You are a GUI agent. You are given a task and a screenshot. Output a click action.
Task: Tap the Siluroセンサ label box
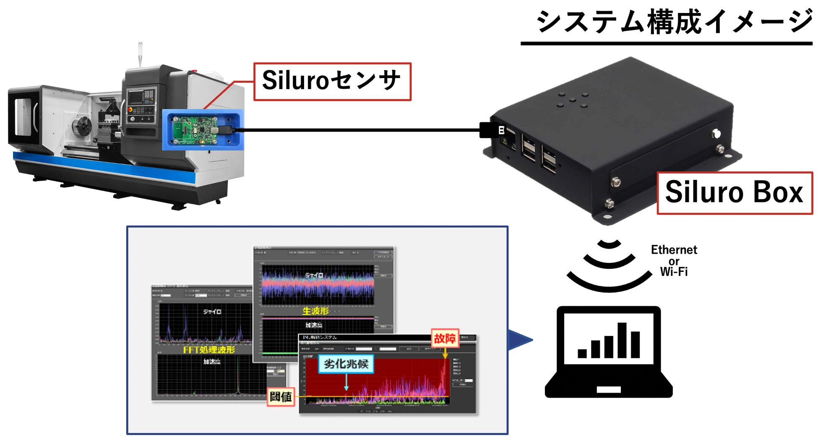(332, 81)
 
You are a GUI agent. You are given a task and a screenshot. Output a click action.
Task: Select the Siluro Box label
(734, 192)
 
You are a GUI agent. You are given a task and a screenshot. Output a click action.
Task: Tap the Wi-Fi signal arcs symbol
(609, 265)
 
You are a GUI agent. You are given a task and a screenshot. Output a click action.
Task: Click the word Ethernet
(674, 250)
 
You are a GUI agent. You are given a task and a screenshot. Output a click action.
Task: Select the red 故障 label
(445, 339)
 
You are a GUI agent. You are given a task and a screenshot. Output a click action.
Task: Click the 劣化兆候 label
(346, 364)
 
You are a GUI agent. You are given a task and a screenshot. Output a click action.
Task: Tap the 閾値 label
(281, 396)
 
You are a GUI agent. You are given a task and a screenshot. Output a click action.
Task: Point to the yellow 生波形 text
(315, 311)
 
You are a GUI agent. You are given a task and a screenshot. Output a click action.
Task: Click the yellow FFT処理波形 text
(209, 350)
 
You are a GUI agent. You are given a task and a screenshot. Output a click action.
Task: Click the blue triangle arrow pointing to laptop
(519, 340)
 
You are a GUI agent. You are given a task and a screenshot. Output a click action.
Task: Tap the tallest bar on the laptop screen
(622, 340)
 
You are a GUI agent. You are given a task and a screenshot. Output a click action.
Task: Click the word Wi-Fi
(674, 272)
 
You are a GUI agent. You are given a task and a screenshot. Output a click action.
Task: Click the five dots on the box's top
(572, 100)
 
